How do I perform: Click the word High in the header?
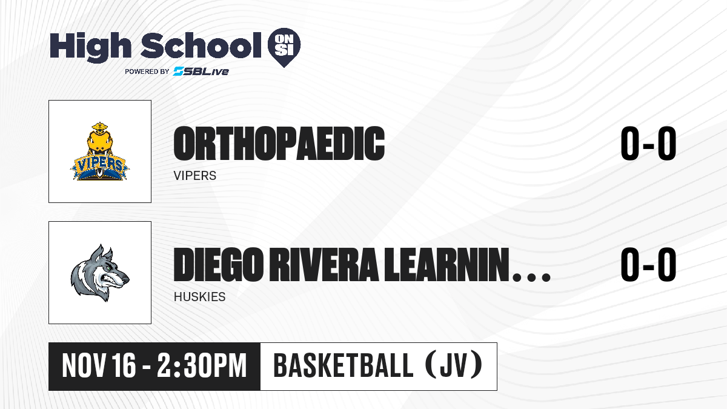point(90,47)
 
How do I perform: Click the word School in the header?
point(201,45)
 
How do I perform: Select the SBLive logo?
point(201,71)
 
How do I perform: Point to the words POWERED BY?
point(147,71)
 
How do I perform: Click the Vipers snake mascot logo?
point(99,151)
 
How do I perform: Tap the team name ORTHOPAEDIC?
point(279,144)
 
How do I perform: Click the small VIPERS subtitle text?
point(194,176)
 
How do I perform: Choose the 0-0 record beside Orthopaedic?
point(648,143)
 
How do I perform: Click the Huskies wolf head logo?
point(100,273)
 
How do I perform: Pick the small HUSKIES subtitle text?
point(199,297)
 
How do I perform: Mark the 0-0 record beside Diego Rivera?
point(648,264)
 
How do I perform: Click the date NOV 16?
point(99,365)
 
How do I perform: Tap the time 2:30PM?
point(202,365)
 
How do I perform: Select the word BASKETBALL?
point(344,365)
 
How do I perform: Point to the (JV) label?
point(454,365)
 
